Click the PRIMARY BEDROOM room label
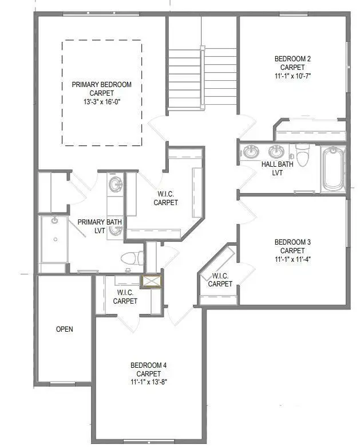coord(101,84)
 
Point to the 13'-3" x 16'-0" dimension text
coord(101,101)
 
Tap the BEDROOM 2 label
coord(292,58)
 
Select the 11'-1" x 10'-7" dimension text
coord(292,75)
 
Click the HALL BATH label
coord(278,164)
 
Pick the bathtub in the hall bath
coord(333,169)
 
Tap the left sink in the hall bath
coord(251,152)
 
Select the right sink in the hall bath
coord(276,152)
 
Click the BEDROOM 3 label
coord(292,242)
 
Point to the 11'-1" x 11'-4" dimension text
coord(292,258)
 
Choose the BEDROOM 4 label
coord(148,366)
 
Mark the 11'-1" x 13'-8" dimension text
coord(148,382)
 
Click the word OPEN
coord(64,329)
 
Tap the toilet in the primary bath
coord(132,258)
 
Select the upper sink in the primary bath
coord(116,184)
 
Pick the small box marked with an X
coord(152,281)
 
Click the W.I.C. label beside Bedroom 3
coord(220,280)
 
